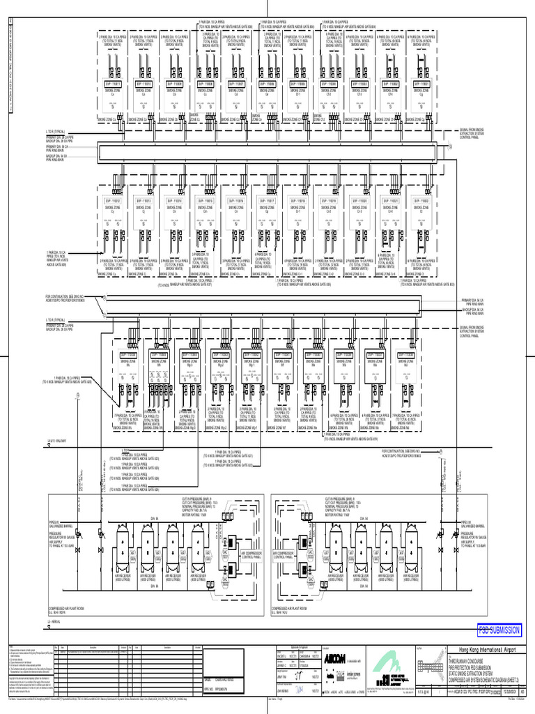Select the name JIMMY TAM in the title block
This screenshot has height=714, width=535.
pos(283,676)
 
